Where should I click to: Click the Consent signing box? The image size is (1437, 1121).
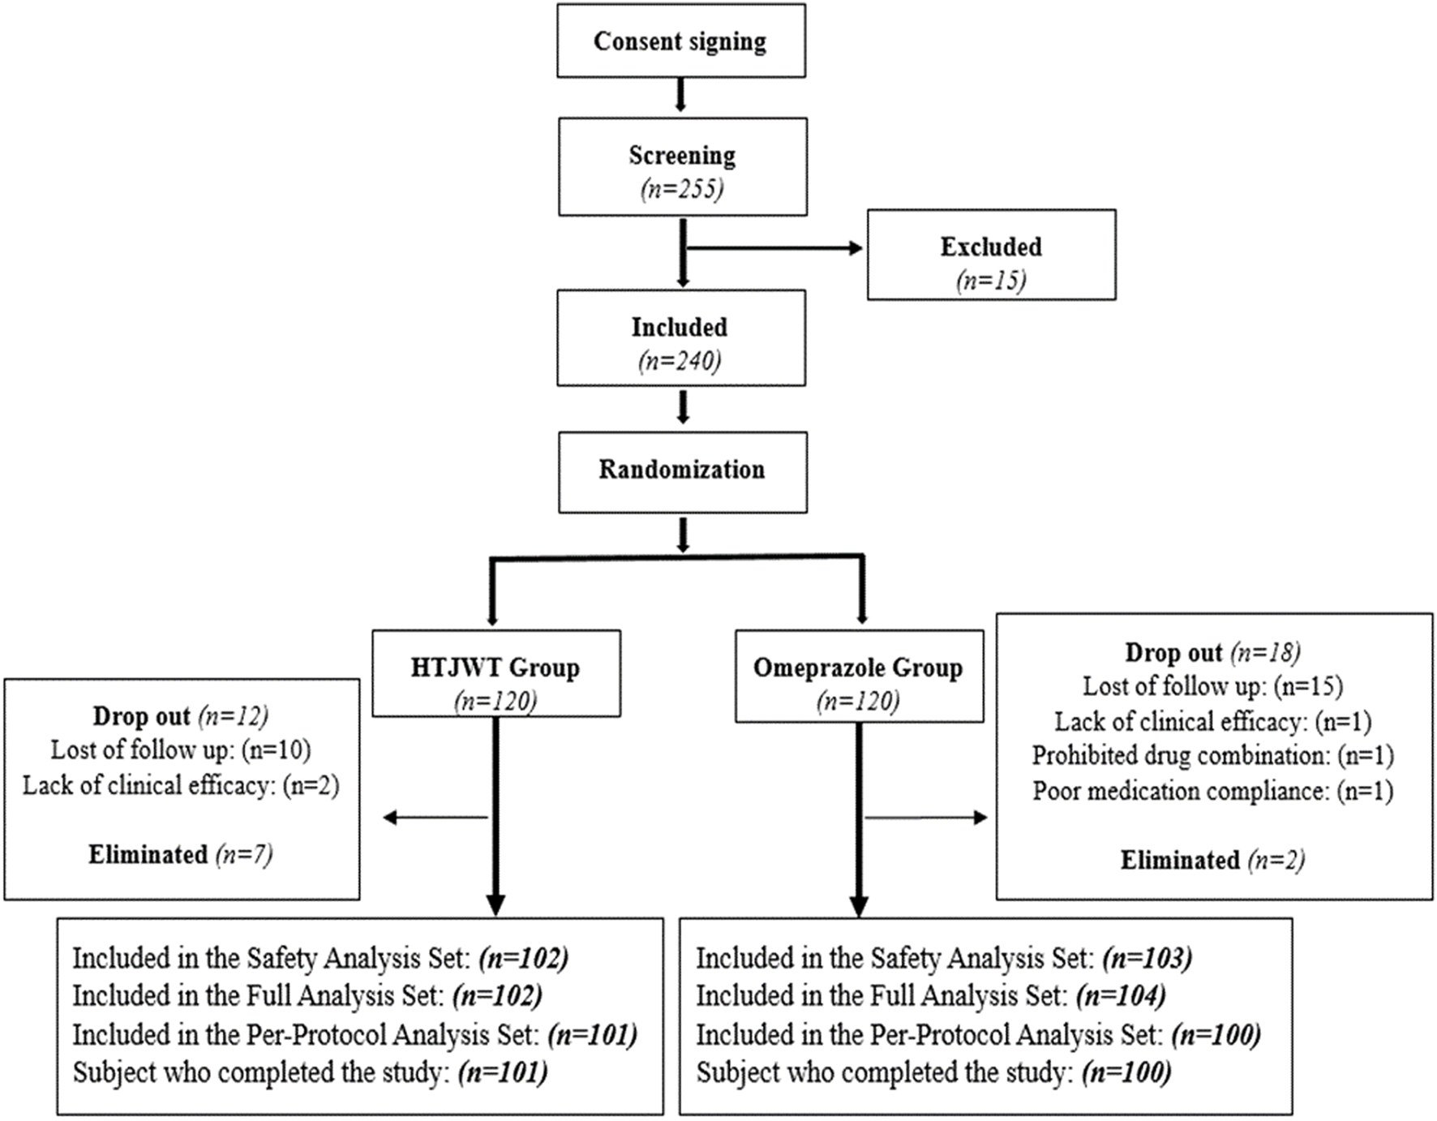(680, 41)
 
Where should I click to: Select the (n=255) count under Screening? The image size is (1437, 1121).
(681, 189)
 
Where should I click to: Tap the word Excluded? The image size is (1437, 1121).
(991, 247)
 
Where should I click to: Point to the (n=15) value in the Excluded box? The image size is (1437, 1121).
(991, 281)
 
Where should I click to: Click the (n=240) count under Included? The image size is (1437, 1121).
(680, 361)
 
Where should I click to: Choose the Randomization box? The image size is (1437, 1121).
(682, 470)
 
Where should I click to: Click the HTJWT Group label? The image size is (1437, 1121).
(495, 668)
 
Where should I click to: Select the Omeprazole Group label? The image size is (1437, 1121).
(858, 668)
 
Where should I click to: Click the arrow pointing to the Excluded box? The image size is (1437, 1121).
(774, 248)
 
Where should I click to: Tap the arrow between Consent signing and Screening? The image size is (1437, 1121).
(680, 95)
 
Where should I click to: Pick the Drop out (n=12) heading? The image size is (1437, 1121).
(180, 716)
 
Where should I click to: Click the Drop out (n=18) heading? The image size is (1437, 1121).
(1212, 653)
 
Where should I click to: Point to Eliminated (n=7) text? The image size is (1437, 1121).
(180, 855)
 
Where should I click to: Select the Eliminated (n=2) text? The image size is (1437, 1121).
(1212, 860)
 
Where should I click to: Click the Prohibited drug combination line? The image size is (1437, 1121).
(1212, 756)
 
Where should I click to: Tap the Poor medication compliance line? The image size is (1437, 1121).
(1212, 791)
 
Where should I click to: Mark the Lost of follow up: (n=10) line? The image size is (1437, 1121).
(180, 750)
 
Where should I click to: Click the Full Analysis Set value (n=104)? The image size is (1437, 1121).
(1121, 995)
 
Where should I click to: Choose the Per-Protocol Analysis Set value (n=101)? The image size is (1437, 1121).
(592, 1035)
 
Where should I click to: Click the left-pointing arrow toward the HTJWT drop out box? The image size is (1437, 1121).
(434, 818)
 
